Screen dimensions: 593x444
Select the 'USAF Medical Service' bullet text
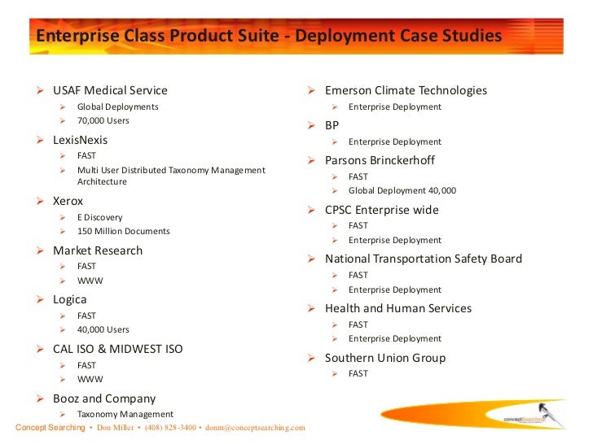[110, 90]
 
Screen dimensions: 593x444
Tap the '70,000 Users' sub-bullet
[103, 120]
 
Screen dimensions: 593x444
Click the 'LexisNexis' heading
[80, 140]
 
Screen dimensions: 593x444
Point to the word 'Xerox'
[68, 200]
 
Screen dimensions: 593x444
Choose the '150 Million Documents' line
[123, 231]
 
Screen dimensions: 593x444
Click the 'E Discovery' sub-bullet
[99, 217]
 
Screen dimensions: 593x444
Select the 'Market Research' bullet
[97, 250]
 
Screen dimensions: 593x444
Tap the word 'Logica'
[69, 299]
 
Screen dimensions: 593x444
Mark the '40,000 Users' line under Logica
[103, 329]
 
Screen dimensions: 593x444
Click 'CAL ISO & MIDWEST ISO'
[117, 349]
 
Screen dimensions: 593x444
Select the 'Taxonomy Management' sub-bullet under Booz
[125, 414]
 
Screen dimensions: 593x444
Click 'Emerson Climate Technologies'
[406, 90]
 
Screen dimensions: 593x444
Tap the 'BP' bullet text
[332, 125]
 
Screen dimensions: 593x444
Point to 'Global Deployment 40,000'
[402, 190]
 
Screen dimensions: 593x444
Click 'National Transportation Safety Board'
[423, 259]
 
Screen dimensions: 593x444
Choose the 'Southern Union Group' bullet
[384, 358]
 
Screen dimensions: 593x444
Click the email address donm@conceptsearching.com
[255, 428]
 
